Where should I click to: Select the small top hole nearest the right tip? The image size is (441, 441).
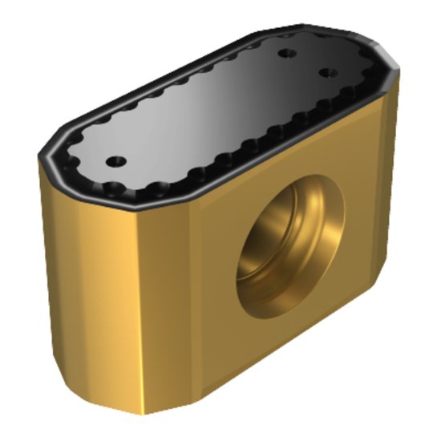326,72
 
